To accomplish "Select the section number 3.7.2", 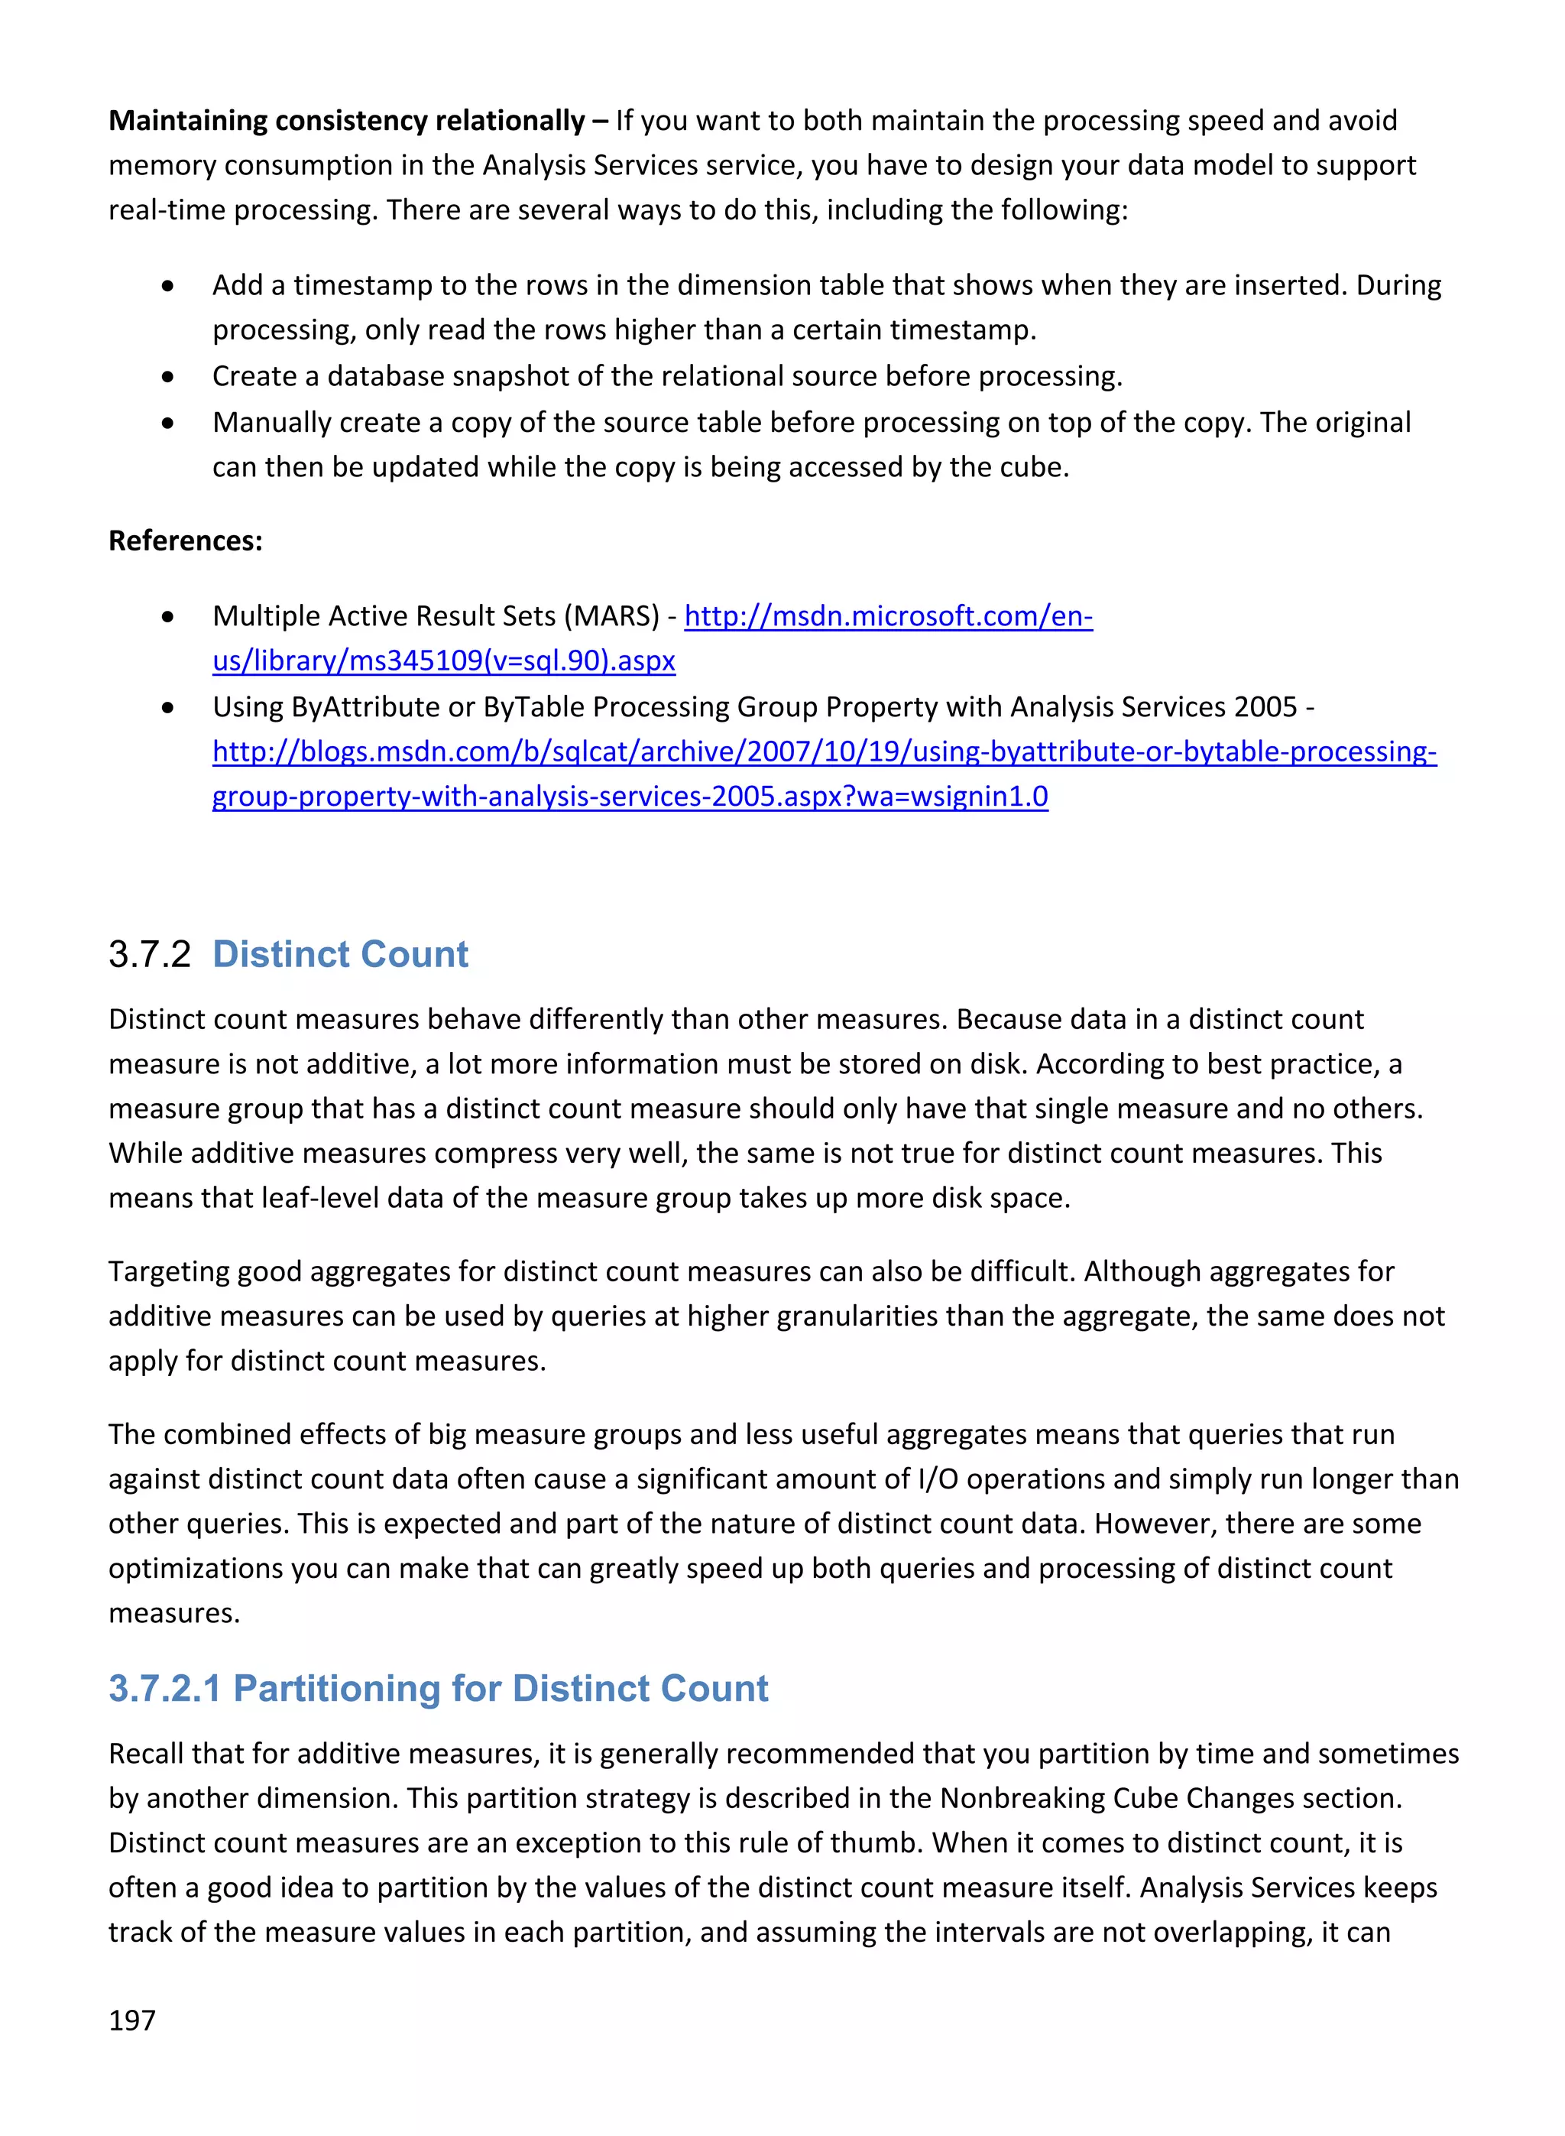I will click(150, 953).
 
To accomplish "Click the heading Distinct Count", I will click(340, 953).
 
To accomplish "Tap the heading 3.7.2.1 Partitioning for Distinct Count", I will click(438, 1688).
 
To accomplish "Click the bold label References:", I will click(185, 540).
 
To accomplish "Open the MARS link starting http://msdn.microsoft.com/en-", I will click(888, 616).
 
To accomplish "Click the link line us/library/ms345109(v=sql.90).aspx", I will click(443, 661).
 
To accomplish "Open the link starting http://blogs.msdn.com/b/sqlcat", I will click(825, 751).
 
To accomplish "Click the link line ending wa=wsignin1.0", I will click(630, 796).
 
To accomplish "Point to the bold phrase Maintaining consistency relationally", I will click(347, 120).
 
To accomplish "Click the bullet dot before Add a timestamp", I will click(167, 285).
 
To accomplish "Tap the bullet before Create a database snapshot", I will click(167, 377).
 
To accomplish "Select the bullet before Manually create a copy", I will click(167, 423).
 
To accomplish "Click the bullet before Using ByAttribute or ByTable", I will click(167, 707).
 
